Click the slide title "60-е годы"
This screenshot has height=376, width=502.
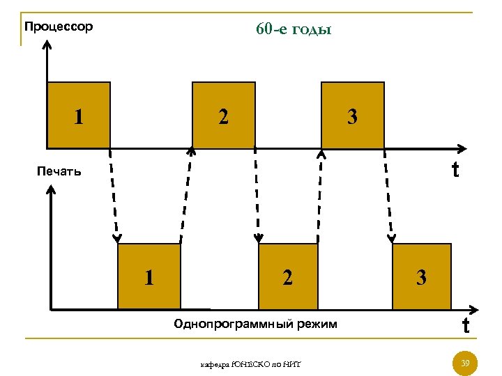pos(294,31)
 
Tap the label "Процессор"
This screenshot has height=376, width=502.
pos(58,27)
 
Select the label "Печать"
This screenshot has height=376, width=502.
pos(59,171)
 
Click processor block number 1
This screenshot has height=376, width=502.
pos(79,116)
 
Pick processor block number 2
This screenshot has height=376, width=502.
pos(223,116)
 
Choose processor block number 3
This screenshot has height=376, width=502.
pos(352,116)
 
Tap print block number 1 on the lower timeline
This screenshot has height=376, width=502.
pos(149,277)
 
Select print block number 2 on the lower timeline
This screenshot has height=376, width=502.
pos(287,277)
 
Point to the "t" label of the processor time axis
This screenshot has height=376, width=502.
pos(455,169)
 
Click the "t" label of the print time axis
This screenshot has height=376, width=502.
pos(465,325)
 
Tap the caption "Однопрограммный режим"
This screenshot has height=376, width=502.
pos(256,324)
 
